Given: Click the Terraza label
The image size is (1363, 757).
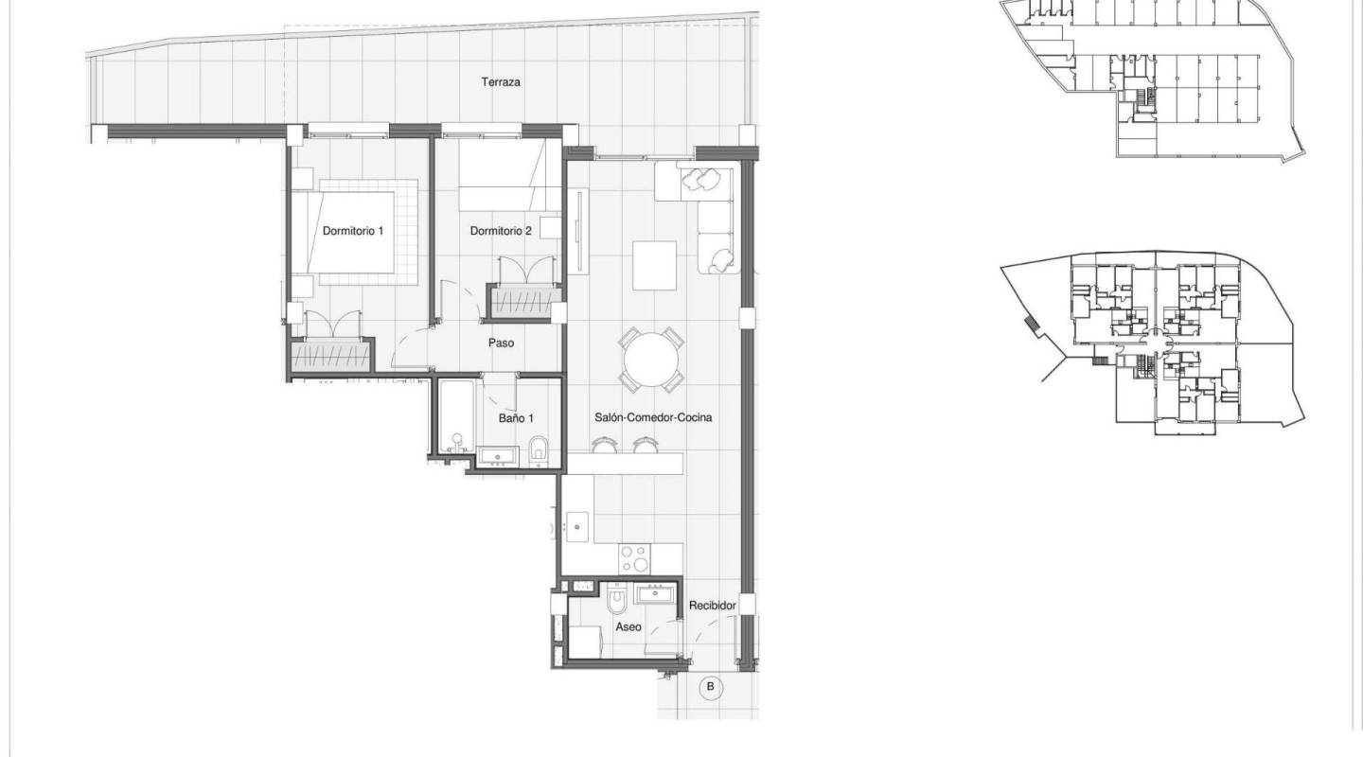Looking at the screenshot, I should (x=501, y=82).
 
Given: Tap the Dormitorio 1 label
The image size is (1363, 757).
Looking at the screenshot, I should (x=352, y=231).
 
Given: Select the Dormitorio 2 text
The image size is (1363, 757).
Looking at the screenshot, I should (x=501, y=231).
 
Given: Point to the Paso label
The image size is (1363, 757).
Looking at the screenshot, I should (x=501, y=343).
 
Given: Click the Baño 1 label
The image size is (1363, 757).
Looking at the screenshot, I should (x=517, y=417).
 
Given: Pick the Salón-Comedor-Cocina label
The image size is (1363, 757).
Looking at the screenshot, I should (x=653, y=417).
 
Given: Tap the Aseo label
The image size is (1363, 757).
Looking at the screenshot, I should (x=628, y=626).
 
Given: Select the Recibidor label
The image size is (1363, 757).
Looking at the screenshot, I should (x=712, y=605).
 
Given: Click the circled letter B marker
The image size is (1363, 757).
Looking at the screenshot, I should (x=709, y=687).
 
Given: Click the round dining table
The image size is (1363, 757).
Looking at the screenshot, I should (x=651, y=361).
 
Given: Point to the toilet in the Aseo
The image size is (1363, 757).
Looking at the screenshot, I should (x=616, y=598).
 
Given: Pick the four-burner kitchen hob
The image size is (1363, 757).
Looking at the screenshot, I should (x=634, y=558).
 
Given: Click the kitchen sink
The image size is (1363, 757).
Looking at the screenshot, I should (x=577, y=525).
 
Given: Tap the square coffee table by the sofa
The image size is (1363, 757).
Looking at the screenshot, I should (x=655, y=265).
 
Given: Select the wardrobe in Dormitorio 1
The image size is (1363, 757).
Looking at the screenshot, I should (x=329, y=358).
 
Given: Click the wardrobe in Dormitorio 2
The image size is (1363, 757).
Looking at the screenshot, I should (x=523, y=304).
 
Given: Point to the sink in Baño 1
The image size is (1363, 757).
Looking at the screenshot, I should (x=498, y=457).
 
